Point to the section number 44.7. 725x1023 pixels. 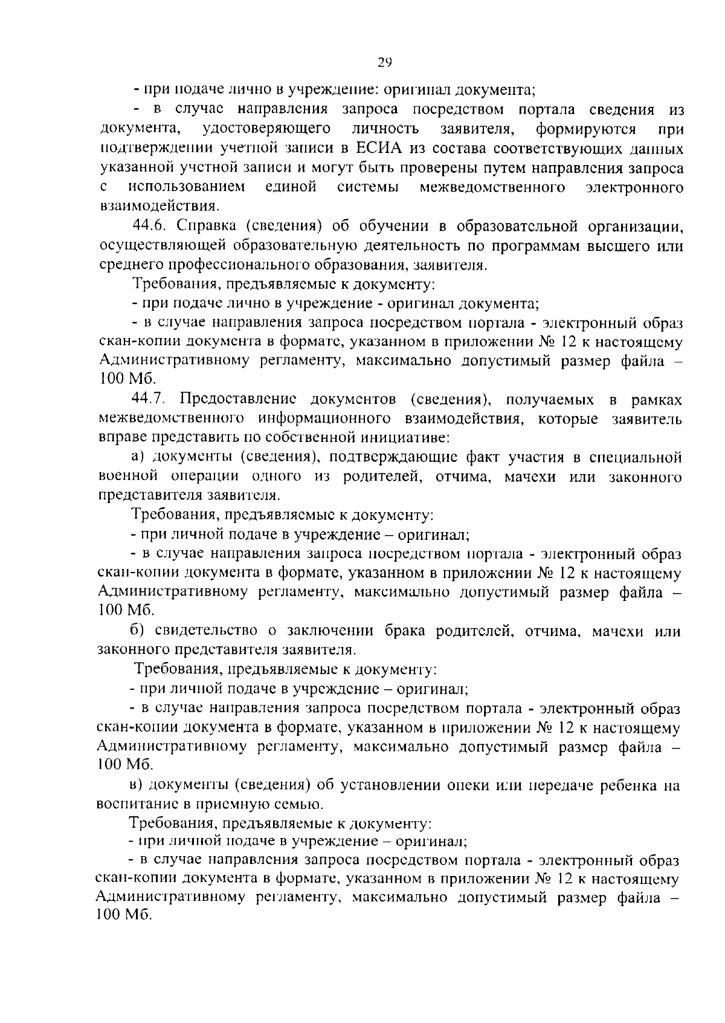pos(151,400)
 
